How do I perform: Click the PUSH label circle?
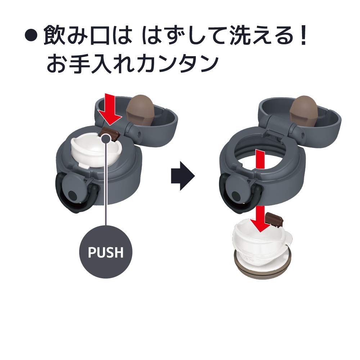(x=105, y=252)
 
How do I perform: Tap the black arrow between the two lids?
(x=183, y=176)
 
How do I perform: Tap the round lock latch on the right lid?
(x=237, y=194)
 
